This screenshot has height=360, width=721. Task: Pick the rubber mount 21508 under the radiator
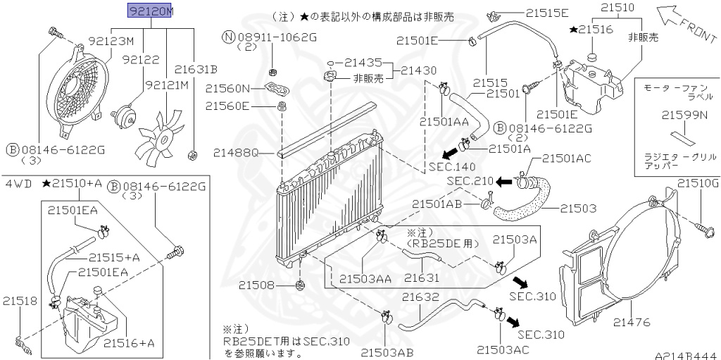coord(301,285)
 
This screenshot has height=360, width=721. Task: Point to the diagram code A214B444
coord(687,355)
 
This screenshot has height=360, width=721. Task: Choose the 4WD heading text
coord(19,184)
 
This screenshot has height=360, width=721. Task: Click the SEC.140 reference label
coord(453,166)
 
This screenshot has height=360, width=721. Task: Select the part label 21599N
coord(684,115)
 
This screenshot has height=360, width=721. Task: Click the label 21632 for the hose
coord(421,297)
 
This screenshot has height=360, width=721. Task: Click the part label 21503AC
coord(503,349)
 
